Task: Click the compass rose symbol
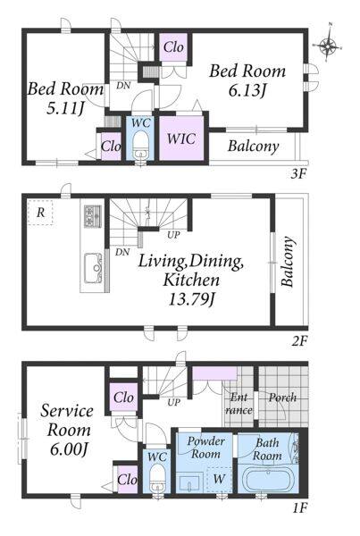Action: [x=328, y=44]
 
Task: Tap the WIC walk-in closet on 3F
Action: [x=181, y=138]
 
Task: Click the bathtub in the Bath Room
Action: [x=267, y=479]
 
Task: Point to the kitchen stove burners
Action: [x=93, y=215]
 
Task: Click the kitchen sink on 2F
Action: [x=93, y=268]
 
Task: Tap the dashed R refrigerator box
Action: [x=40, y=213]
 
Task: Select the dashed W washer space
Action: [x=219, y=479]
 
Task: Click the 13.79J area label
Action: [x=191, y=300]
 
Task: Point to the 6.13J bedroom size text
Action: [x=247, y=90]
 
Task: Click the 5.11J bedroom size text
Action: [x=65, y=108]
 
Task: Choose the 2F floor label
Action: [x=300, y=341]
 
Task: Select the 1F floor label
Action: [x=300, y=508]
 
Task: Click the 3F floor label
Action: [x=297, y=174]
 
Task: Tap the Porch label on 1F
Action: [x=282, y=398]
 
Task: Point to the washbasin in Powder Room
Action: [x=189, y=482]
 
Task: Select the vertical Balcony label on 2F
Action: [x=288, y=262]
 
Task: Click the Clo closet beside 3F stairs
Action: [x=173, y=47]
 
